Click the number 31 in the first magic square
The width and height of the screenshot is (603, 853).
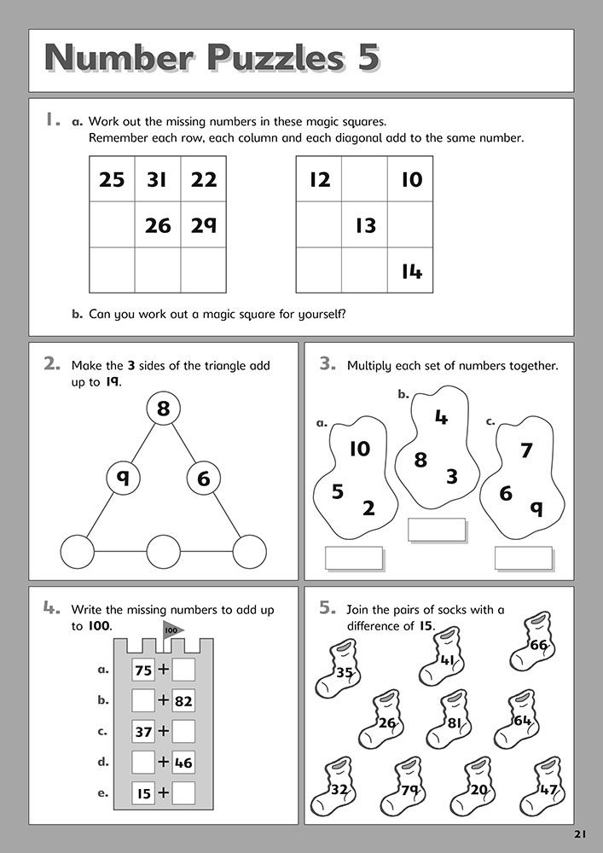coord(158,179)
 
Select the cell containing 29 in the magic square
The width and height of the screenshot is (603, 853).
coord(204,225)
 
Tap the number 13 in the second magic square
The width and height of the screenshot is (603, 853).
coord(365,225)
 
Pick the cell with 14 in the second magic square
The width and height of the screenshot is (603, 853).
coord(411,271)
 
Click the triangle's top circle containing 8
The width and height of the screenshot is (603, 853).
coord(163,409)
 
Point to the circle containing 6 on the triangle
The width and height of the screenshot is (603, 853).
coord(203,479)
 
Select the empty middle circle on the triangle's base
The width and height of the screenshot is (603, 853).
coord(163,551)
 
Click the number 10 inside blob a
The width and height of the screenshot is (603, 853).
coord(360,448)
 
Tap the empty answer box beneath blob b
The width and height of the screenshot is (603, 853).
coord(436,529)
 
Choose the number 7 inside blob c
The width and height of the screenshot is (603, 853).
coord(526,450)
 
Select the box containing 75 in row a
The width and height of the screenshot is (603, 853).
coord(143,670)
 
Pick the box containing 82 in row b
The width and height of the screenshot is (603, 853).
coord(183,701)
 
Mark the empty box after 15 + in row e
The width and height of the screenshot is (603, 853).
coord(183,793)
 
